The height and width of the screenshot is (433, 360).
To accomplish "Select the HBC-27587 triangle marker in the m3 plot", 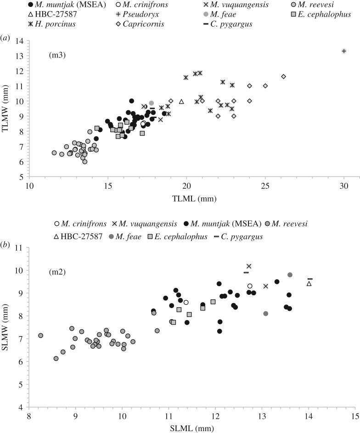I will pyautogui.click(x=181, y=101).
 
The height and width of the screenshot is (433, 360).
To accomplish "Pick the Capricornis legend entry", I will pyautogui.click(x=135, y=24).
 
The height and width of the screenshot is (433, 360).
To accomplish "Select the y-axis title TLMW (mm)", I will pyautogui.click(x=7, y=108).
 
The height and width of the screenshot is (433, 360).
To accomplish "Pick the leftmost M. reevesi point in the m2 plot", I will pyautogui.click(x=40, y=336).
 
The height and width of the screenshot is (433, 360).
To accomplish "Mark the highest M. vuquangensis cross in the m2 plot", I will pyautogui.click(x=249, y=266).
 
